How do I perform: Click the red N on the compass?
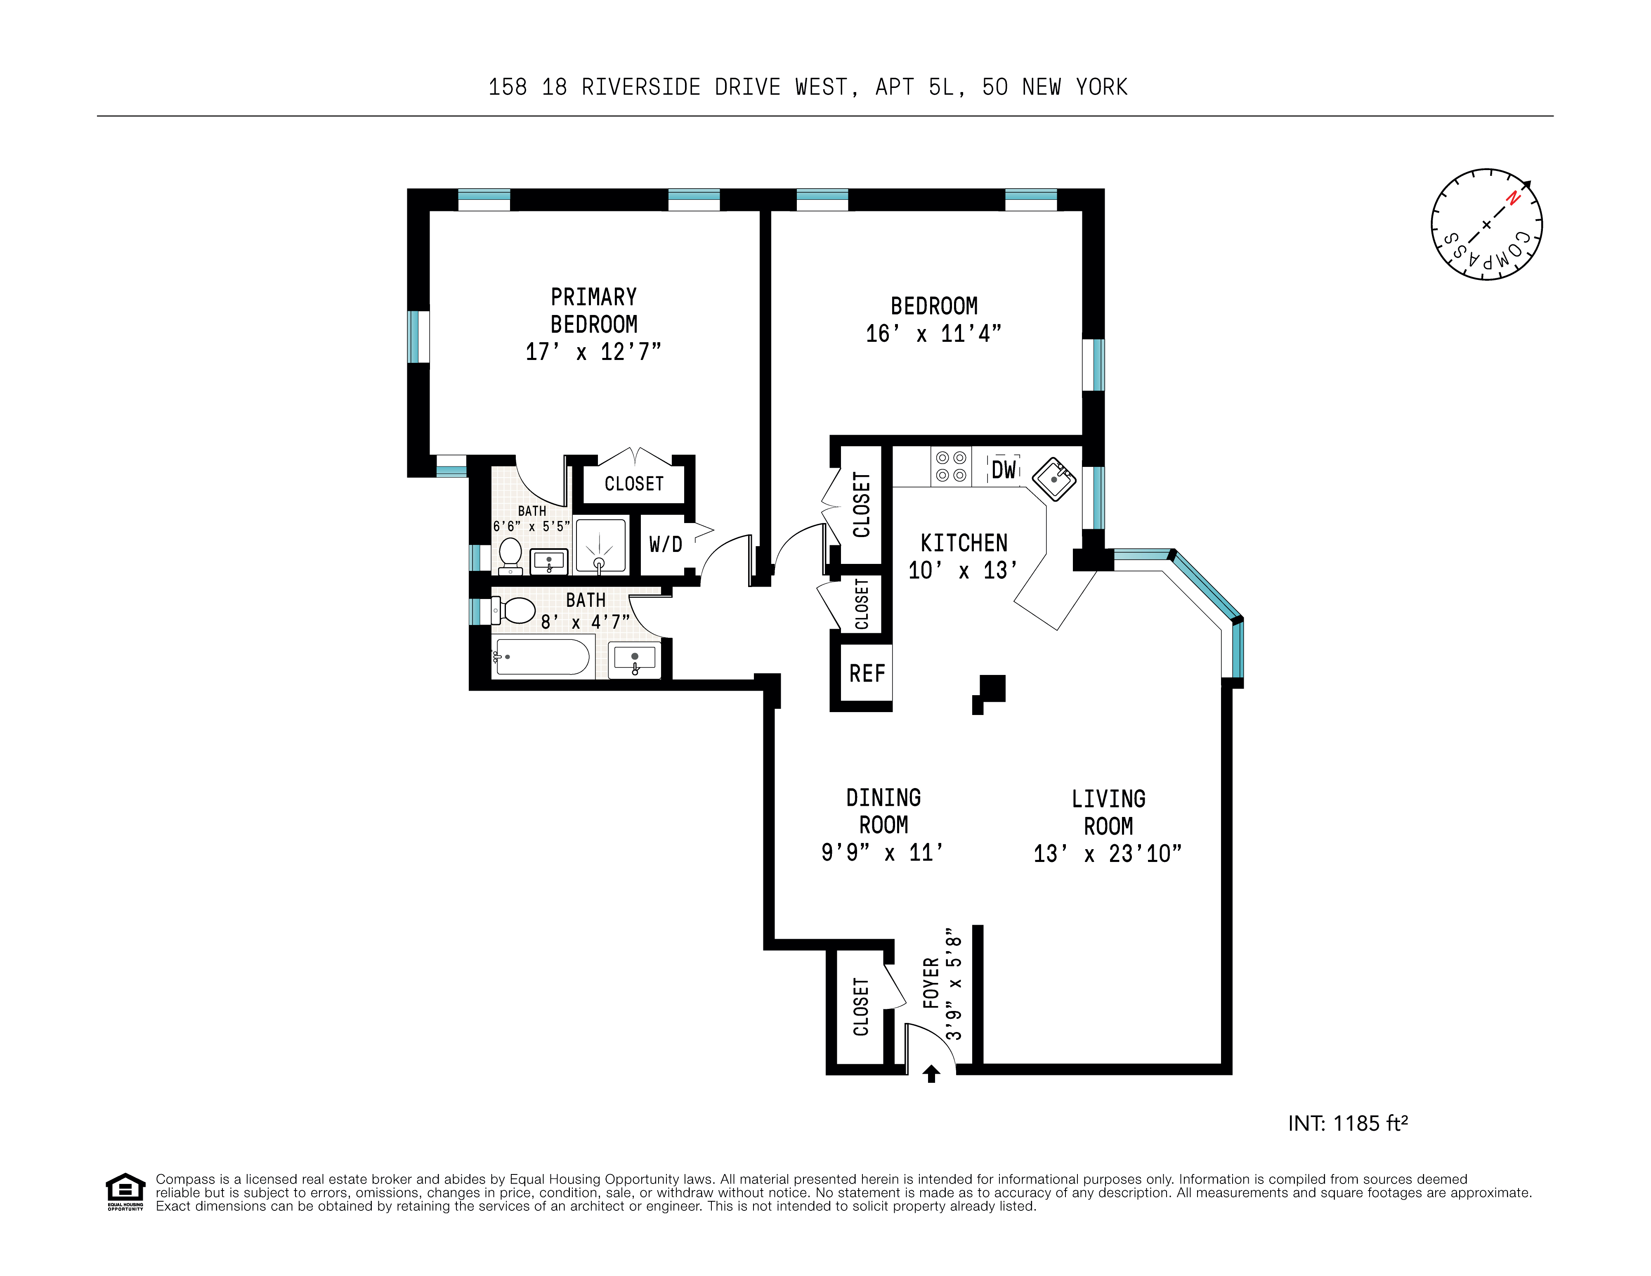pos(1513,198)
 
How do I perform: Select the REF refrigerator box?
pos(866,673)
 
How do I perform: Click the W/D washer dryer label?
pos(665,544)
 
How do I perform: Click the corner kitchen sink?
pos(1054,479)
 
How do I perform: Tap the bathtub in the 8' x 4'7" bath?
pos(541,656)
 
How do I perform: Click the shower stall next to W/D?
pos(600,544)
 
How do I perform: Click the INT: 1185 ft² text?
pos(1348,1123)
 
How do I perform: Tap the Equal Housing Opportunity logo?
pos(125,1192)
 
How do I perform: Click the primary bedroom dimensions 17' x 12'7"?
pos(593,352)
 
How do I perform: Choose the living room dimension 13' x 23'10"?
pos(1108,854)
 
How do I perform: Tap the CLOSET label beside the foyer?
pos(861,1007)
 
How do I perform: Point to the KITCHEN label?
pos(964,543)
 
